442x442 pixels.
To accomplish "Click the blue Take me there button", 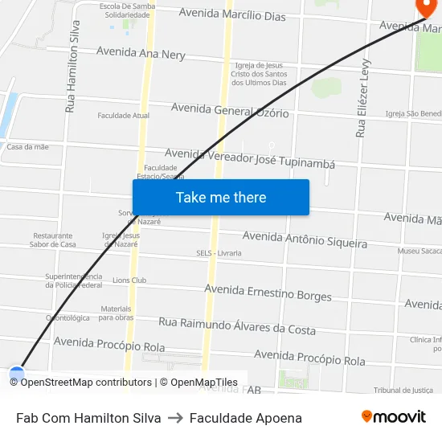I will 221,197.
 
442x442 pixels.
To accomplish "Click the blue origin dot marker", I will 17,374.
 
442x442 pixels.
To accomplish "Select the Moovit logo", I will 393,417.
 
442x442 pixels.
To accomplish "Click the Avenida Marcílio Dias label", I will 231,14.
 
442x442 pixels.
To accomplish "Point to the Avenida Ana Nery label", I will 141,53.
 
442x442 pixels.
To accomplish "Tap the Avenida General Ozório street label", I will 230,109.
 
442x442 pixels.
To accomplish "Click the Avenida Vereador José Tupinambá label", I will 249,158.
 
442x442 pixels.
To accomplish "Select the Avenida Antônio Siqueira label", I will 305,239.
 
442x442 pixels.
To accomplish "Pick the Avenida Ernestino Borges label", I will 268,293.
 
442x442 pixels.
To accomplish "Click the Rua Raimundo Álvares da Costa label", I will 237,325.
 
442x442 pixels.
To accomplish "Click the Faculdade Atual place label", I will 124,116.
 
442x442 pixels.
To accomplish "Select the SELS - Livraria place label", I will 219,253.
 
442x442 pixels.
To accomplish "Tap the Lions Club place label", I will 129,280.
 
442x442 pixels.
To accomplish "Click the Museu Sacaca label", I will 419,252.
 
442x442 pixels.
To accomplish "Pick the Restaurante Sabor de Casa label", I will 53,239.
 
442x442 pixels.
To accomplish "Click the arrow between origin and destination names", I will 175,418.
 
